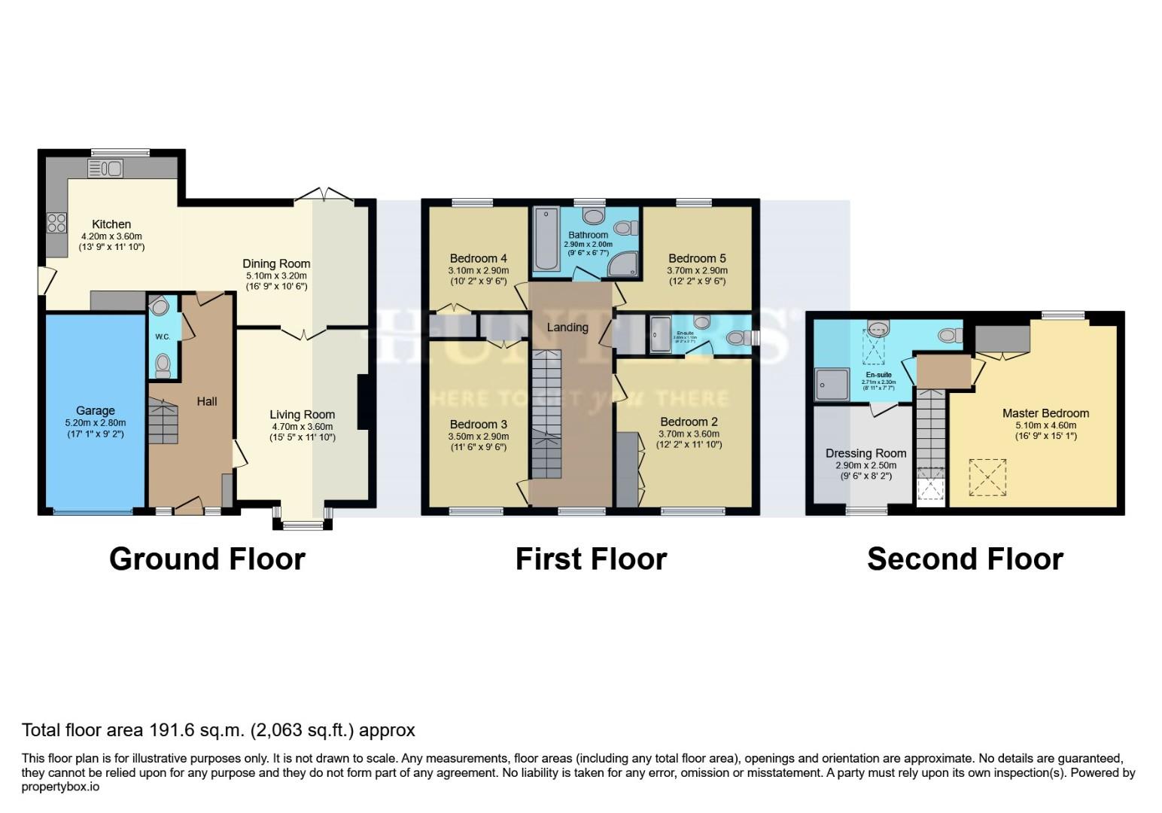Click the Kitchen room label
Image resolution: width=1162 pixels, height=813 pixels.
pyautogui.click(x=111, y=224)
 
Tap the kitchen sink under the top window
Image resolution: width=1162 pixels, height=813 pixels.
pyautogui.click(x=105, y=169)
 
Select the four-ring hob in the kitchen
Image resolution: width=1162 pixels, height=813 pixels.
pyautogui.click(x=56, y=223)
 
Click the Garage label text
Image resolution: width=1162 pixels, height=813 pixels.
pyautogui.click(x=96, y=411)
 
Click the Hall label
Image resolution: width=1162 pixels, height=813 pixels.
pyautogui.click(x=207, y=401)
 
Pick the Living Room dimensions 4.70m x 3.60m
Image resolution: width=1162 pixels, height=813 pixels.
pyautogui.click(x=303, y=426)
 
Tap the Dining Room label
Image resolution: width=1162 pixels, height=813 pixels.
pyautogui.click(x=276, y=263)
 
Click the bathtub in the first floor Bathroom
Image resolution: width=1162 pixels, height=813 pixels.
pyautogui.click(x=544, y=239)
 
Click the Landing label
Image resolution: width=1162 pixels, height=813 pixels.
pyautogui.click(x=567, y=327)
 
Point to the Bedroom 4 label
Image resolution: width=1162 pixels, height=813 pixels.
pyautogui.click(x=478, y=258)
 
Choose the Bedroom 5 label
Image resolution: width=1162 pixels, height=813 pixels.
pyautogui.click(x=697, y=258)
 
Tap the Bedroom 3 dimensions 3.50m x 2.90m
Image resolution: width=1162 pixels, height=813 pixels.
pyautogui.click(x=479, y=437)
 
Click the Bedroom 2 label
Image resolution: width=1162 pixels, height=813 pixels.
pyautogui.click(x=689, y=422)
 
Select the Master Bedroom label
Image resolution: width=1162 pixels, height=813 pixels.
pyautogui.click(x=1045, y=413)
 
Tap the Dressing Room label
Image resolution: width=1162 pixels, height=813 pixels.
pyautogui.click(x=865, y=453)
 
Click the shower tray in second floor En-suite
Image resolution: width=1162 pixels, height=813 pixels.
pyautogui.click(x=832, y=384)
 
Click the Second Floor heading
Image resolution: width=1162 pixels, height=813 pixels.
pyautogui.click(x=965, y=559)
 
